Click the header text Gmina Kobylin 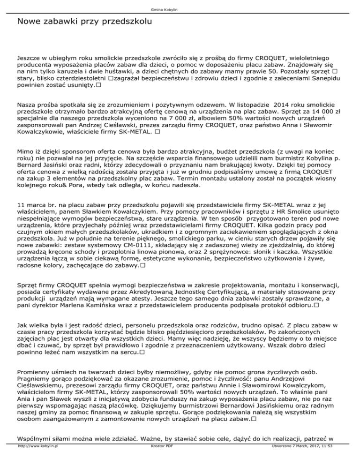coord(180,9)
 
